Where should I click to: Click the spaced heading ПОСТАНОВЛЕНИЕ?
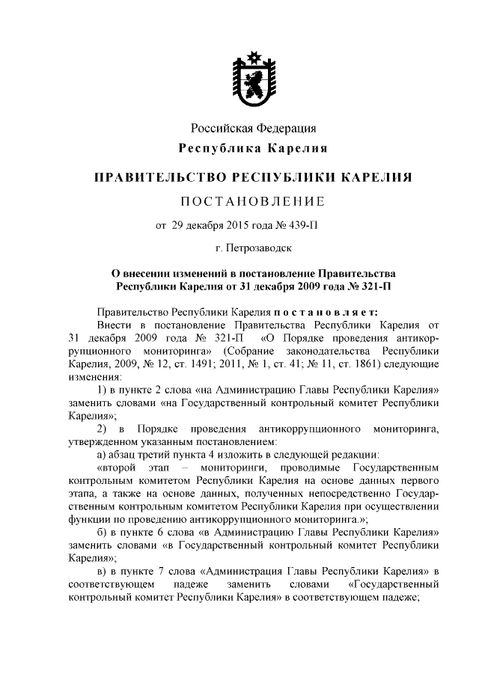point(254,201)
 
